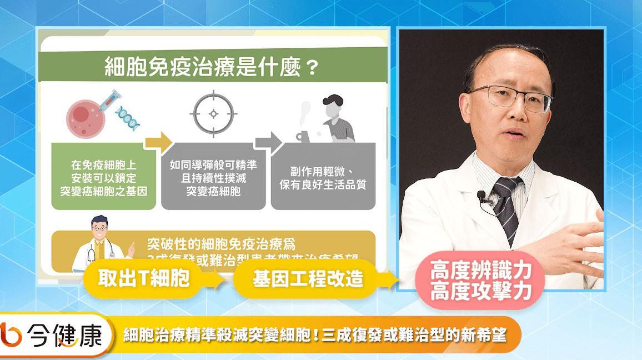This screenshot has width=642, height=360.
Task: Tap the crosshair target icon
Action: pos(213,114)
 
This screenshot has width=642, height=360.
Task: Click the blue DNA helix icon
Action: pos(127,116)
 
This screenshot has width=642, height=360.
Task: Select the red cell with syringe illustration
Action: pos(87,114)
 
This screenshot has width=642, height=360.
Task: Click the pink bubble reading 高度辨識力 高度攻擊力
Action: pos(481,281)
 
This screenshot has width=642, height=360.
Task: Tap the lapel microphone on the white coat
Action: pos(481,196)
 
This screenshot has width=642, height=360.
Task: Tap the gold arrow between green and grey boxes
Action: pos(158,142)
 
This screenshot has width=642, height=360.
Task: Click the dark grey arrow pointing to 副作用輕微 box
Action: pos(267,142)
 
